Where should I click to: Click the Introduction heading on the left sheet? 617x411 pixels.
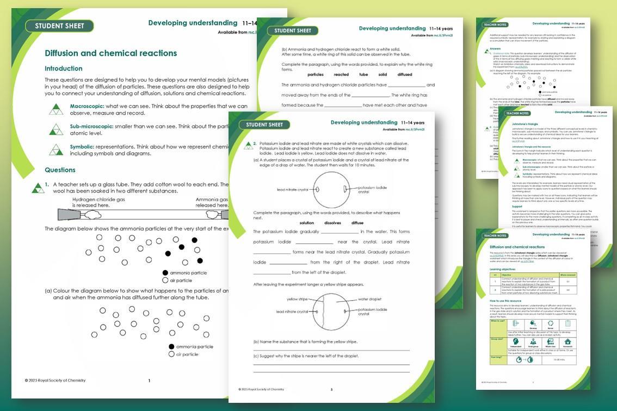pos(64,68)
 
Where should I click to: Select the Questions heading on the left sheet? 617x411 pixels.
pos(60,170)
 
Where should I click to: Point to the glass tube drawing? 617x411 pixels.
pos(141,215)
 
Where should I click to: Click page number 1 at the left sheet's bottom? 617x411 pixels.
pos(149,381)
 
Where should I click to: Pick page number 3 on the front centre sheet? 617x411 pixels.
pos(331,389)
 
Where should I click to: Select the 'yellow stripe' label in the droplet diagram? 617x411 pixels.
pos(297,299)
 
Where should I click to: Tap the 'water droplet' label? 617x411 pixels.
pos(369,299)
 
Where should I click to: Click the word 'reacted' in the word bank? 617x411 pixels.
pos(341,74)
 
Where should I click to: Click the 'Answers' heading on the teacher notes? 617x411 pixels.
pos(488,49)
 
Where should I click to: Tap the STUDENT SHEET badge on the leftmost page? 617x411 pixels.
pos(60,26)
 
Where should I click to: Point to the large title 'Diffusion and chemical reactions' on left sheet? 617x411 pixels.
pos(110,53)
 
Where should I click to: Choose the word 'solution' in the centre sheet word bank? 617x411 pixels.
pos(307,223)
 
